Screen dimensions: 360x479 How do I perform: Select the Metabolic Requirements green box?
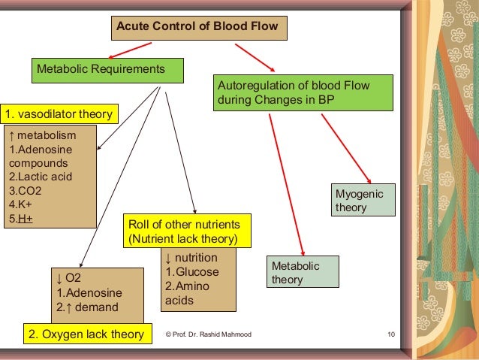(x=107, y=70)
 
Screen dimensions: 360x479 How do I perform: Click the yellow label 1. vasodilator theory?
(x=59, y=114)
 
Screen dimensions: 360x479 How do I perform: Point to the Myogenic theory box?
(x=363, y=201)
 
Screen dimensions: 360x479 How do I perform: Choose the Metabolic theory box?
(x=303, y=273)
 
